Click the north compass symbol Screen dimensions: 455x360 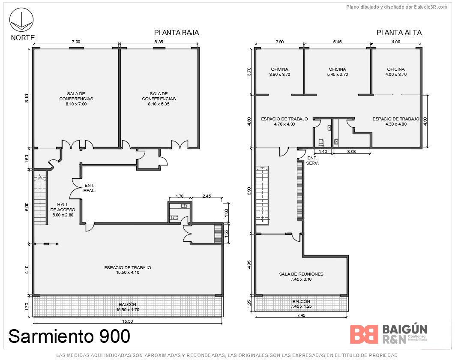tap(21, 20)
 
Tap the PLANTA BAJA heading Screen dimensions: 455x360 tap(177, 33)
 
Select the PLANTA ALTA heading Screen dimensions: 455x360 tap(399, 33)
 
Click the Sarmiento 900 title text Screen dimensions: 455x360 tap(69, 336)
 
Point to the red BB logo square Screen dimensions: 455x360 tap(364, 334)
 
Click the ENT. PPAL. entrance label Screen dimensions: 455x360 tap(90, 188)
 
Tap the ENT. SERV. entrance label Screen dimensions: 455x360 tap(312, 161)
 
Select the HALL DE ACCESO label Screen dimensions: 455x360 tap(63, 210)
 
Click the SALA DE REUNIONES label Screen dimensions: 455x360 tap(301, 277)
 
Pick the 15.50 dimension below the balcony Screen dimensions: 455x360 tap(127, 321)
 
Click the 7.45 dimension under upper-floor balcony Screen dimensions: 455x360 tap(301, 315)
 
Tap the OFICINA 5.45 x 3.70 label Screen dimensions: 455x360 tap(338, 72)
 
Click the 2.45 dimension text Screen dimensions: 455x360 tap(207, 196)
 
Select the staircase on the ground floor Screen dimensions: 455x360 tap(40, 199)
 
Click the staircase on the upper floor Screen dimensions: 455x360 tap(262, 196)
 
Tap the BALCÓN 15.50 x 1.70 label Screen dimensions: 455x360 tap(128, 307)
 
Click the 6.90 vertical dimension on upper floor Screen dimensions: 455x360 tap(249, 191)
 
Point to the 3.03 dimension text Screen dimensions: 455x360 tap(351, 152)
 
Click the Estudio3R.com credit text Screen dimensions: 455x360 tap(396, 7)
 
